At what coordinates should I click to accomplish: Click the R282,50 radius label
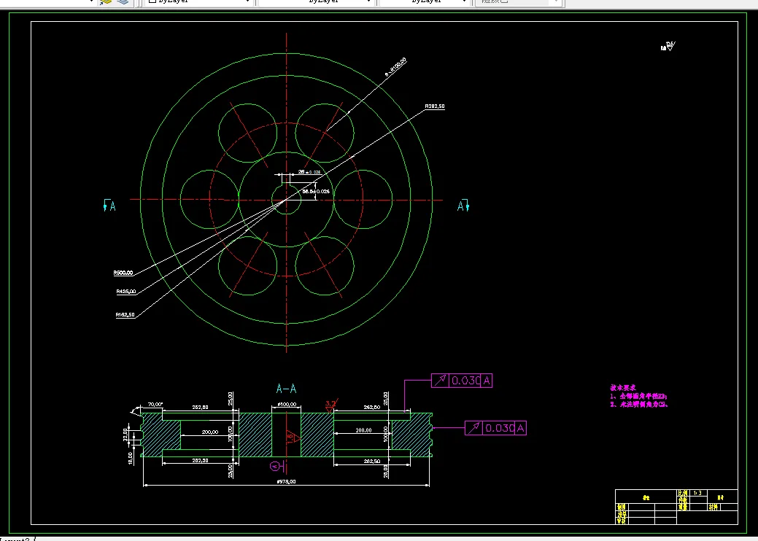pyautogui.click(x=435, y=106)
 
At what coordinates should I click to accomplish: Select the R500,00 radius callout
pyautogui.click(x=123, y=273)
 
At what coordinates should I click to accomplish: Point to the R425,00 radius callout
pyautogui.click(x=125, y=292)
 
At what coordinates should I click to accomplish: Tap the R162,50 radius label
pyautogui.click(x=125, y=315)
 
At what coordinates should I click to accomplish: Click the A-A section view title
pyautogui.click(x=286, y=389)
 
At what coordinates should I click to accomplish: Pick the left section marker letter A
pyautogui.click(x=112, y=207)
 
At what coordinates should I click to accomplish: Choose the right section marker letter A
pyautogui.click(x=460, y=206)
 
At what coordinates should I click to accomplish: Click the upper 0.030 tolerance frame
pyautogui.click(x=462, y=380)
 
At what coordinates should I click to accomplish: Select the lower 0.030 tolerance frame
pyautogui.click(x=495, y=428)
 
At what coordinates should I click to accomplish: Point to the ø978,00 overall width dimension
pyautogui.click(x=285, y=481)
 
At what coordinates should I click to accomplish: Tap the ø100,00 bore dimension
pyautogui.click(x=286, y=404)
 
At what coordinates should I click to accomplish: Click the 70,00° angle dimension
pyautogui.click(x=155, y=404)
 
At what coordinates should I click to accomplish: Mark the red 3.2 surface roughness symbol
pyautogui.click(x=330, y=402)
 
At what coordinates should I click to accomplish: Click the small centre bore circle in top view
pyautogui.click(x=287, y=199)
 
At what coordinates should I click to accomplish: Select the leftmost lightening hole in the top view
pyautogui.click(x=209, y=198)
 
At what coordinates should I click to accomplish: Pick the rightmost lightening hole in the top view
pyautogui.click(x=363, y=198)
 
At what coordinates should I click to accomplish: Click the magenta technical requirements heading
pyautogui.click(x=624, y=388)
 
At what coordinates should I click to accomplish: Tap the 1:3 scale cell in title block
pyautogui.click(x=697, y=494)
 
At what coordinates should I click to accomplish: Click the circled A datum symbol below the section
pyautogui.click(x=275, y=466)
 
